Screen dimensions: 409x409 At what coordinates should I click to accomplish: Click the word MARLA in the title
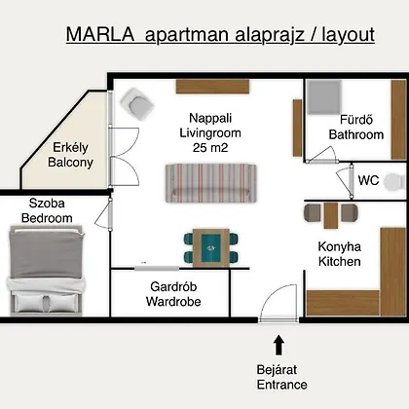[100, 34]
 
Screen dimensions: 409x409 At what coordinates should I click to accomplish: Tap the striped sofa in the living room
[211, 183]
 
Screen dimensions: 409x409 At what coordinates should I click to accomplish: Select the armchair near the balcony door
[136, 103]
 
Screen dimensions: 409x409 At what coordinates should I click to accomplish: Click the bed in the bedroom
[45, 270]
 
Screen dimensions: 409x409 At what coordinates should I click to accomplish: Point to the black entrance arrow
[279, 345]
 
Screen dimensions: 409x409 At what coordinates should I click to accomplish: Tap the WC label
[368, 180]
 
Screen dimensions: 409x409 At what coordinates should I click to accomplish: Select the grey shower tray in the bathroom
[324, 97]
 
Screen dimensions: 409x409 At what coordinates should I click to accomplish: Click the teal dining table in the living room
[211, 248]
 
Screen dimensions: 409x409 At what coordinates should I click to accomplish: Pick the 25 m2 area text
[210, 148]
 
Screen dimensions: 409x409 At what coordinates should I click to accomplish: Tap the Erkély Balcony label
[70, 155]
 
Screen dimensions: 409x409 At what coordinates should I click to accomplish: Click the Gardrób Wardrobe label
[173, 294]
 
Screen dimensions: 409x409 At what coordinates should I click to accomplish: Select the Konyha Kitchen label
[340, 254]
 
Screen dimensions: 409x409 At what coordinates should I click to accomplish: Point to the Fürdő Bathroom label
[356, 127]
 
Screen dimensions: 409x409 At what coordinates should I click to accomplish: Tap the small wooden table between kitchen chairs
[331, 215]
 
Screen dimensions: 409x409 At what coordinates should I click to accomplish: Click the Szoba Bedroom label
[47, 210]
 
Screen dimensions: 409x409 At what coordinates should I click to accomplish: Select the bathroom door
[321, 155]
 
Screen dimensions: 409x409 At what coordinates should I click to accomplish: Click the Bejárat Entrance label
[281, 377]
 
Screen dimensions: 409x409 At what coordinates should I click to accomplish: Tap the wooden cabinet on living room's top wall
[212, 87]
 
